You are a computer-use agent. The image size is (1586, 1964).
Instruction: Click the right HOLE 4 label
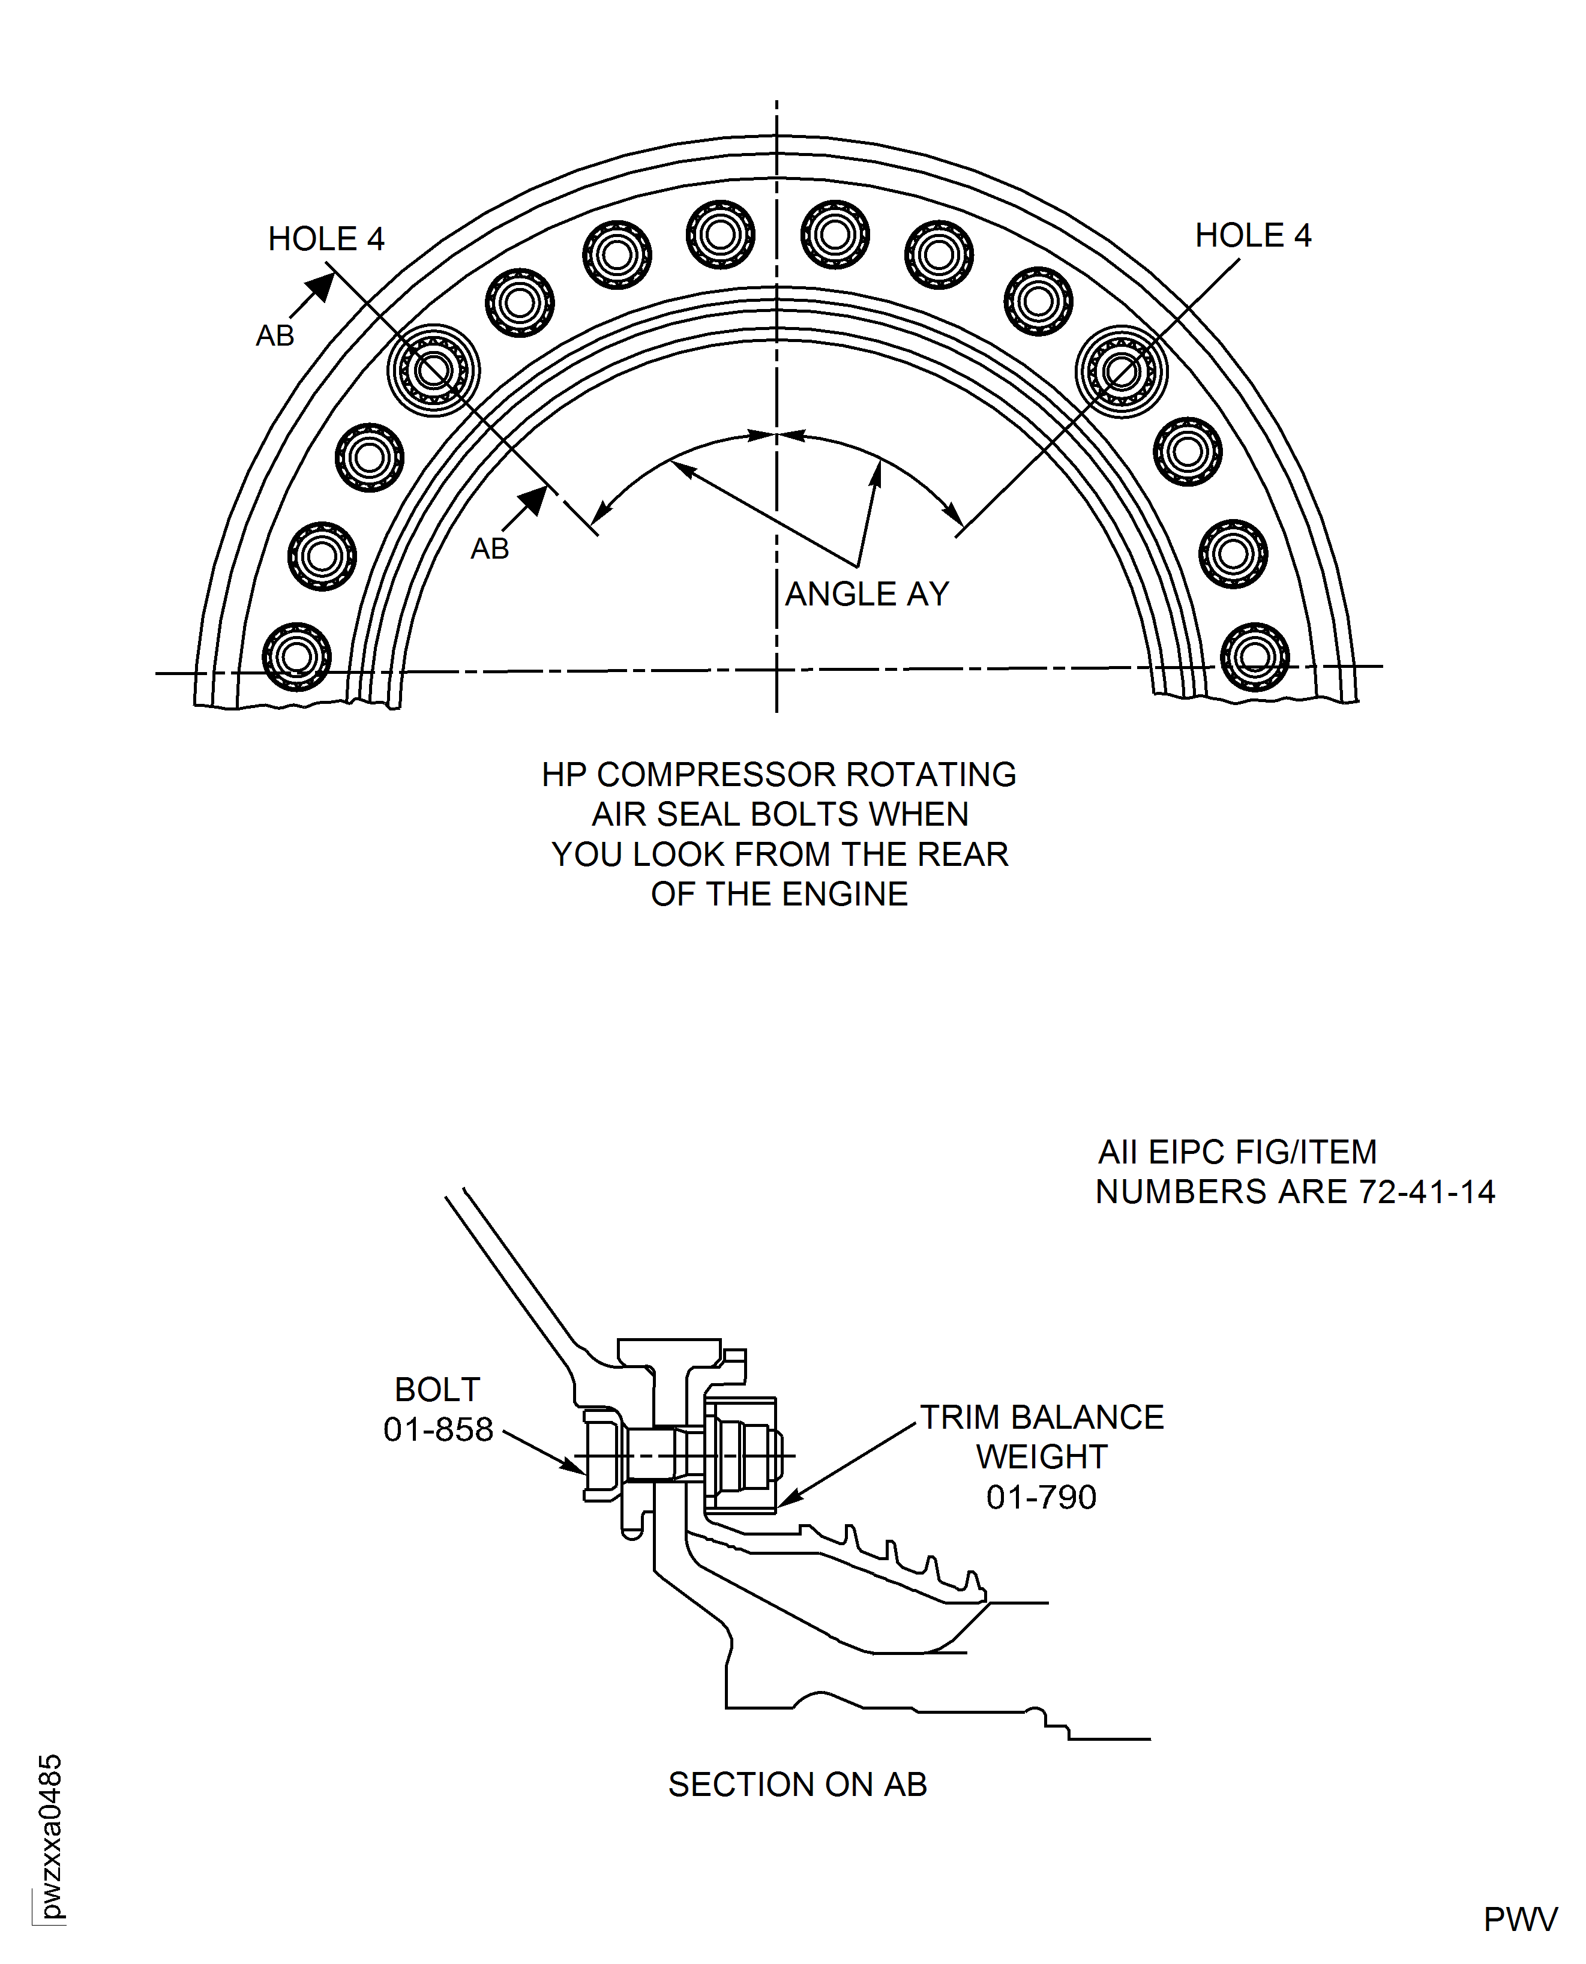[x=1252, y=236]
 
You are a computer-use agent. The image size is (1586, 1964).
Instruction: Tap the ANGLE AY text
[x=867, y=595]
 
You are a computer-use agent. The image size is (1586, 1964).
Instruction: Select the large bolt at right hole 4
[x=1121, y=371]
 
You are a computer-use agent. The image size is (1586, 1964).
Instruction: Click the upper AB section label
[x=275, y=336]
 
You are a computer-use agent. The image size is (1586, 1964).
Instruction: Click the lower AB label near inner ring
[x=490, y=549]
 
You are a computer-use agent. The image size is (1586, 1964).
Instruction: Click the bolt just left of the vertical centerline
[x=720, y=235]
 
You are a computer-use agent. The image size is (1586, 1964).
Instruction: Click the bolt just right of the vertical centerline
[x=835, y=235]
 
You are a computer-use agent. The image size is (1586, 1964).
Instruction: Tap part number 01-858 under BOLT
[x=437, y=1429]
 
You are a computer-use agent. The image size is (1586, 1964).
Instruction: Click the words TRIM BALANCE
[x=1042, y=1418]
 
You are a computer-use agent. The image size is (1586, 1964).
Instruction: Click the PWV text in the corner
[x=1520, y=1920]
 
